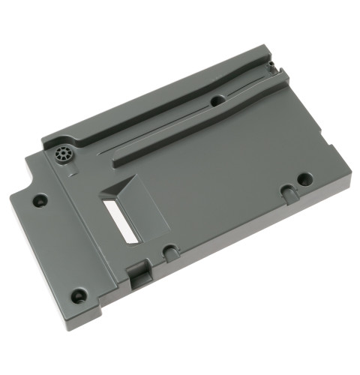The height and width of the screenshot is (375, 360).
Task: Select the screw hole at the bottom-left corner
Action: (x=78, y=294)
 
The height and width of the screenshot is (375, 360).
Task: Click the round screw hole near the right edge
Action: (x=304, y=179)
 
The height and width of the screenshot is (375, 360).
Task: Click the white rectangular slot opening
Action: (x=118, y=220)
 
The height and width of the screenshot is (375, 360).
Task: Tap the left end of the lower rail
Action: (x=115, y=160)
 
